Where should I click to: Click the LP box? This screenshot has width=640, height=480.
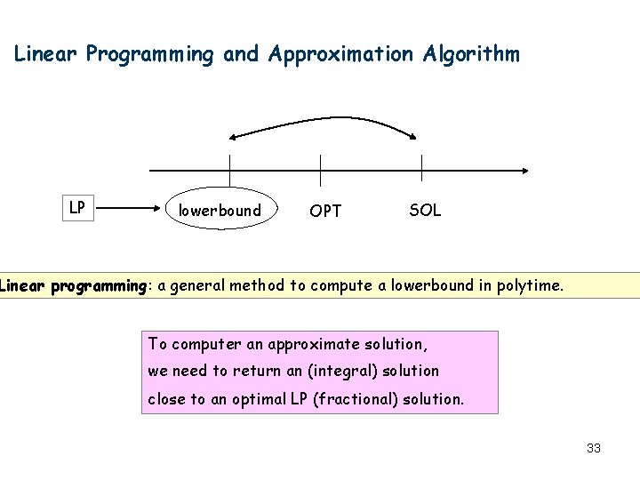(77, 208)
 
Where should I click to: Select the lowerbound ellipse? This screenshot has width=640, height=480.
(220, 211)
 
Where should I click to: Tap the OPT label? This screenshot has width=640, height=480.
(325, 212)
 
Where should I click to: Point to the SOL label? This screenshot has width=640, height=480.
(425, 211)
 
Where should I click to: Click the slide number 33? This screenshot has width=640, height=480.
(594, 448)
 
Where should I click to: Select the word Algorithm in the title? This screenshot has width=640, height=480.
(472, 54)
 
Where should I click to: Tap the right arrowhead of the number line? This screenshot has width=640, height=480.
(525, 171)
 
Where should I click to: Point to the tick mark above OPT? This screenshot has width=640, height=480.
(320, 170)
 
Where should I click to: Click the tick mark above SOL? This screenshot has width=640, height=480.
(421, 170)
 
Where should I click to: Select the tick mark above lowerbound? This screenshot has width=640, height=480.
(229, 170)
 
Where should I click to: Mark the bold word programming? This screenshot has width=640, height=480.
(98, 286)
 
